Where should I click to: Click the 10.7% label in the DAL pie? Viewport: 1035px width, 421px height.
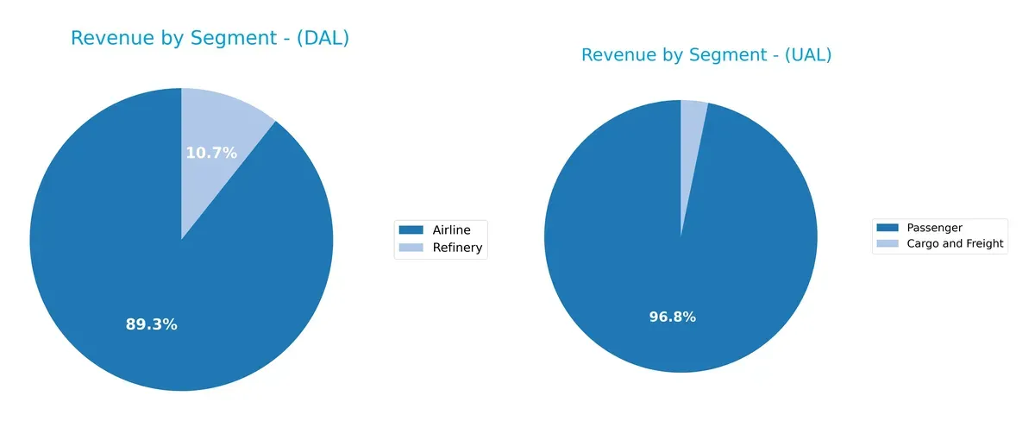(211, 154)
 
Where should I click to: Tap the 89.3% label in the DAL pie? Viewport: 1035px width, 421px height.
(151, 325)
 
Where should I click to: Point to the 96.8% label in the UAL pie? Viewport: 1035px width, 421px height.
(672, 317)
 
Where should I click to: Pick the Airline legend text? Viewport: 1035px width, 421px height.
(452, 229)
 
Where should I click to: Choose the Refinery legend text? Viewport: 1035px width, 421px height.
(457, 248)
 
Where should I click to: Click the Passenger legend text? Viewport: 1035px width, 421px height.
(934, 228)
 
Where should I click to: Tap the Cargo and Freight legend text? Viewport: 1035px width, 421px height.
(955, 244)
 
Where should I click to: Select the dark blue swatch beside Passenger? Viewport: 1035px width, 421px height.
(888, 228)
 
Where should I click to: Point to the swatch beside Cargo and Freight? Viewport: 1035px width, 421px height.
(888, 244)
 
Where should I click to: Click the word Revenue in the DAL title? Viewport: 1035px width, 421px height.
(107, 39)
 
